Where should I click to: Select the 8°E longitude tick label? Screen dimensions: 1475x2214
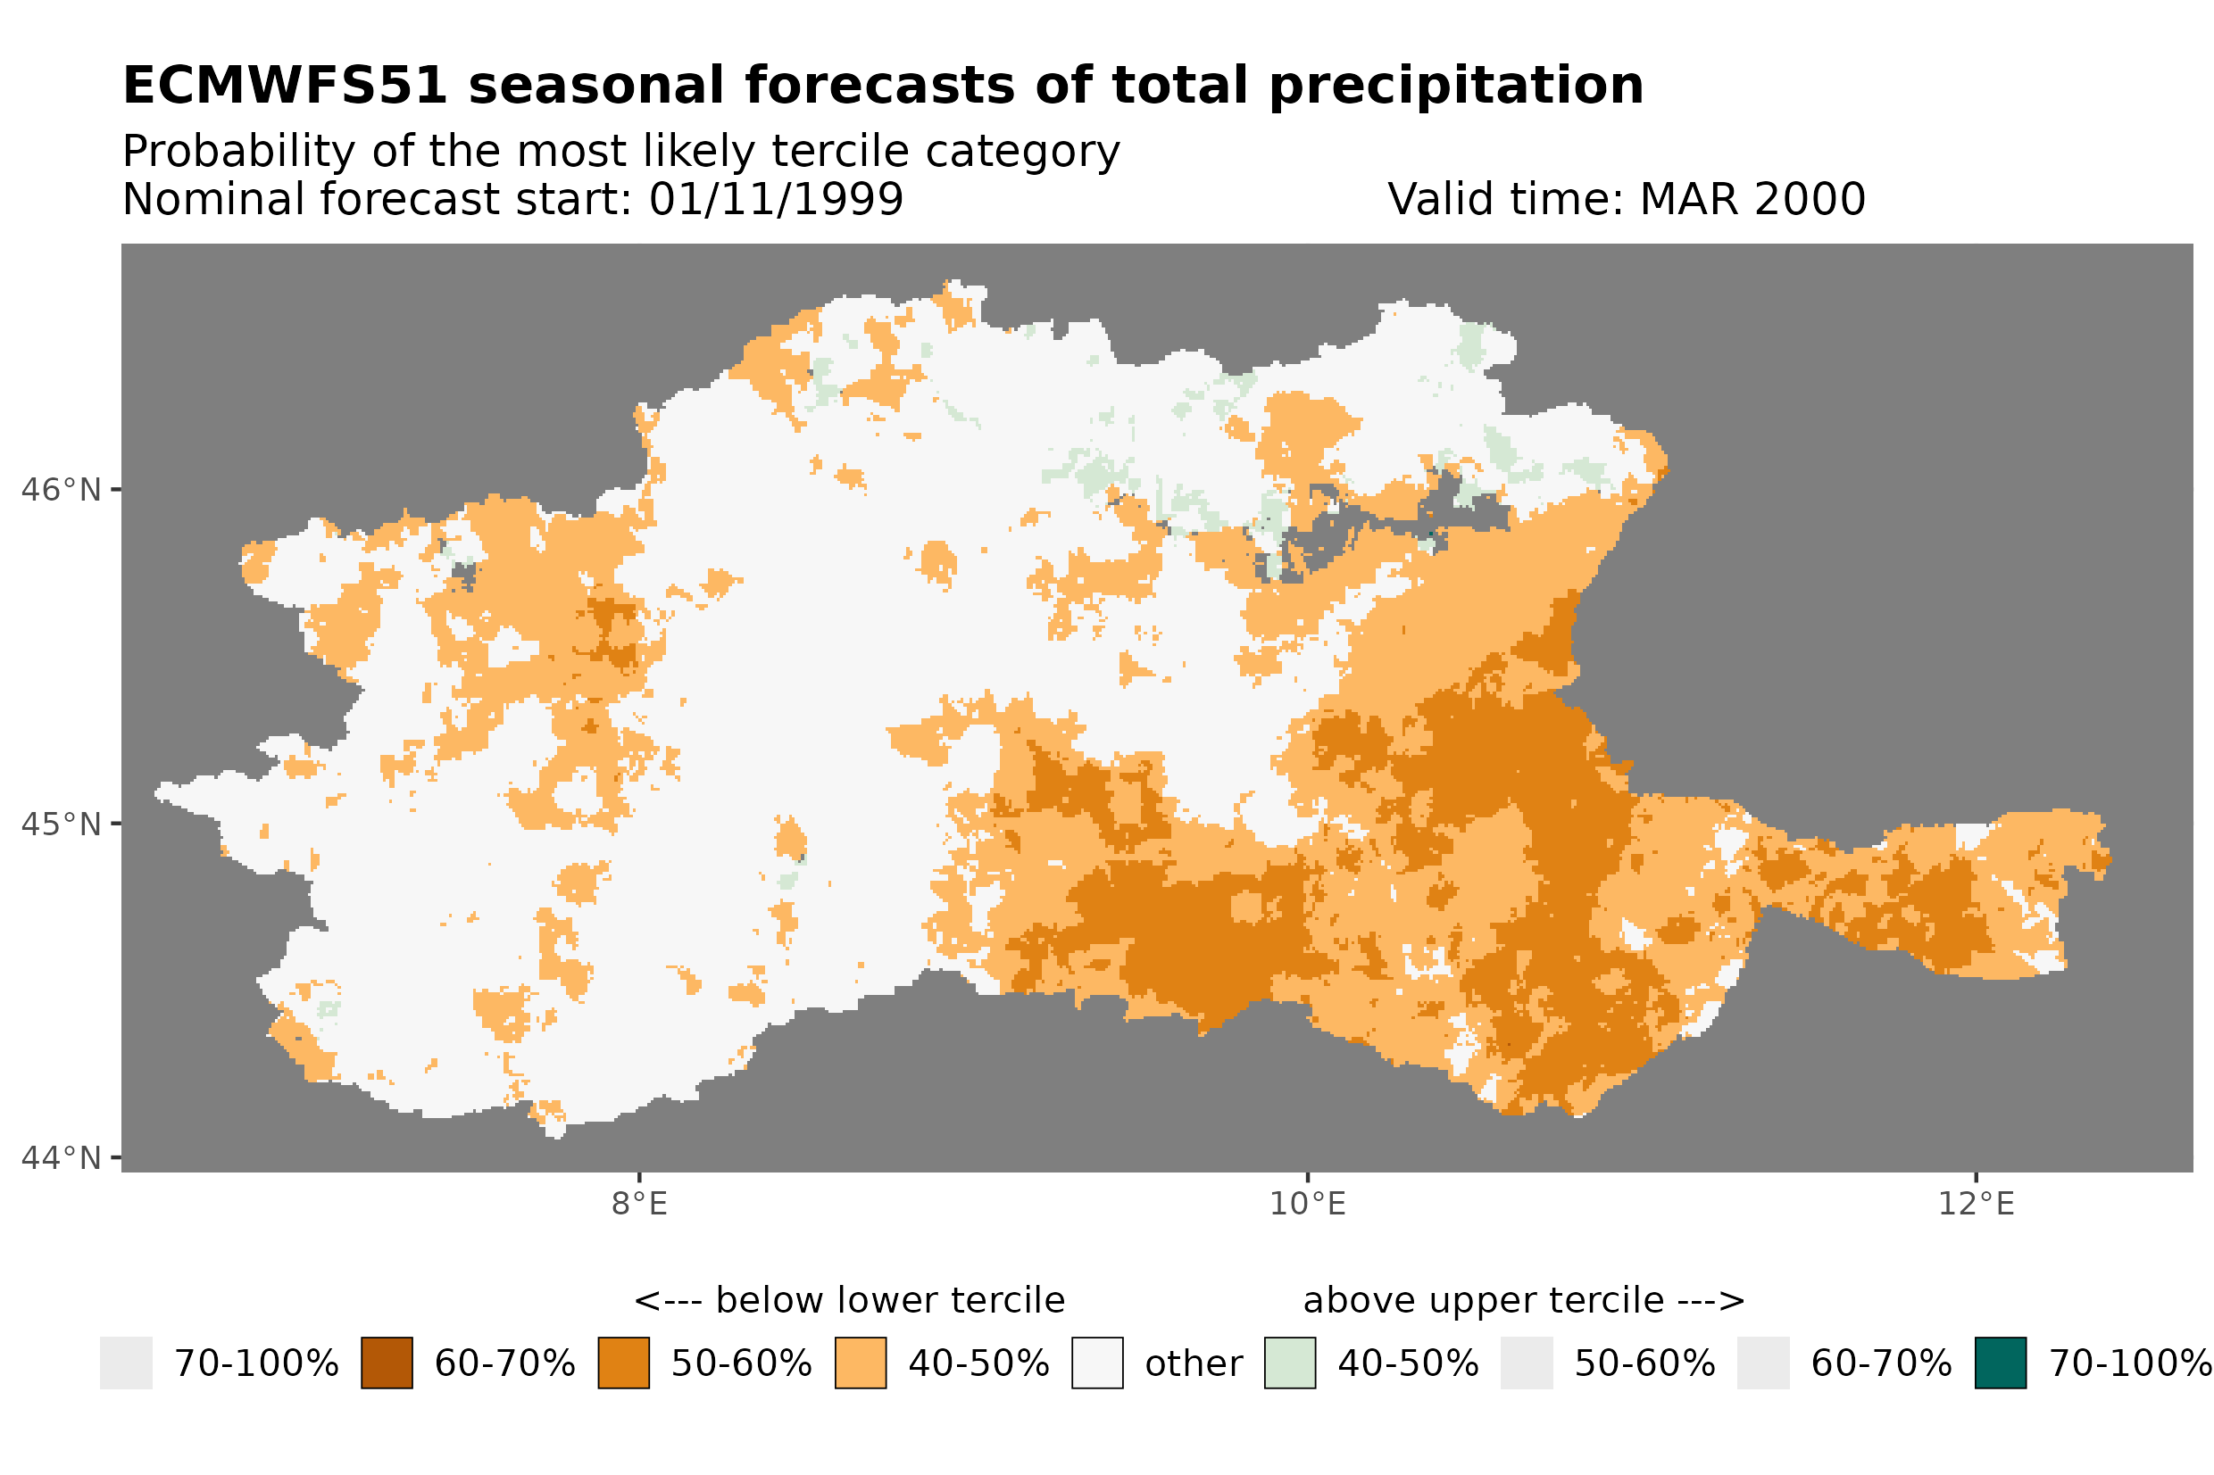(x=639, y=1204)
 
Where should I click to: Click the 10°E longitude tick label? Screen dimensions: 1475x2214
(x=1307, y=1204)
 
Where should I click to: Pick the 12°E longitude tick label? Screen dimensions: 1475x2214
(x=1975, y=1204)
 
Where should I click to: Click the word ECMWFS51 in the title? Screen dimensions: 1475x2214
(x=284, y=86)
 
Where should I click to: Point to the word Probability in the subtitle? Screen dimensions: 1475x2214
(x=237, y=151)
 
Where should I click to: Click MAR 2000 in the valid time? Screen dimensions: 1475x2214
(x=1751, y=199)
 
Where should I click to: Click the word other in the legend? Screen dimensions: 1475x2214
(x=1193, y=1364)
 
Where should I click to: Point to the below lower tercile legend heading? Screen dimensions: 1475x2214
(x=849, y=1301)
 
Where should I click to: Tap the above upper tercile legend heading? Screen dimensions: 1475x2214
(x=1523, y=1301)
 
